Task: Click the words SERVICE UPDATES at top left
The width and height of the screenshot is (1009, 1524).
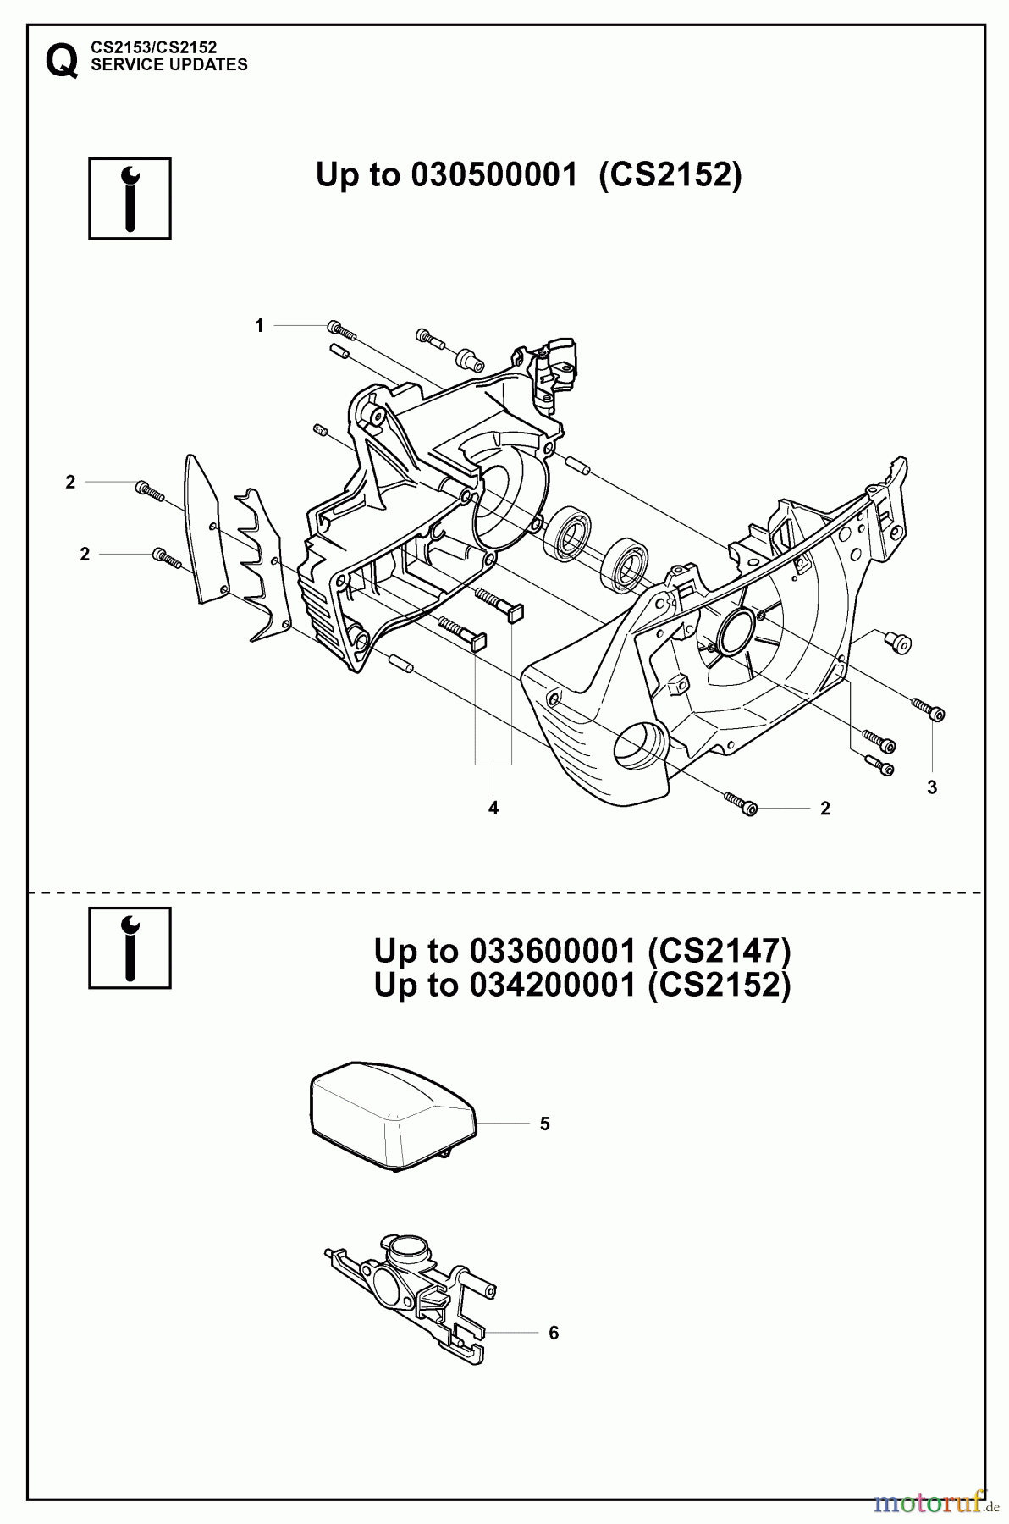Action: point(168,65)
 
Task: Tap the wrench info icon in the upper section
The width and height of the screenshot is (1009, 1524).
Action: point(130,198)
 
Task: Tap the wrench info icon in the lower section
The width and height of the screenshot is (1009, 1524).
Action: point(130,947)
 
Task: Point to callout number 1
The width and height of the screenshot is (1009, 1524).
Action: point(260,325)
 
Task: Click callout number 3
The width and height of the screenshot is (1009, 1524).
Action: point(932,787)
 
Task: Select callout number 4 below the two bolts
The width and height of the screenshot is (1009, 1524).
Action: point(493,808)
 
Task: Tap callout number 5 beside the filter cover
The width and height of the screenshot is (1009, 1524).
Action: point(545,1124)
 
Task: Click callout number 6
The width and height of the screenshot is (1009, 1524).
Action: point(554,1333)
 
